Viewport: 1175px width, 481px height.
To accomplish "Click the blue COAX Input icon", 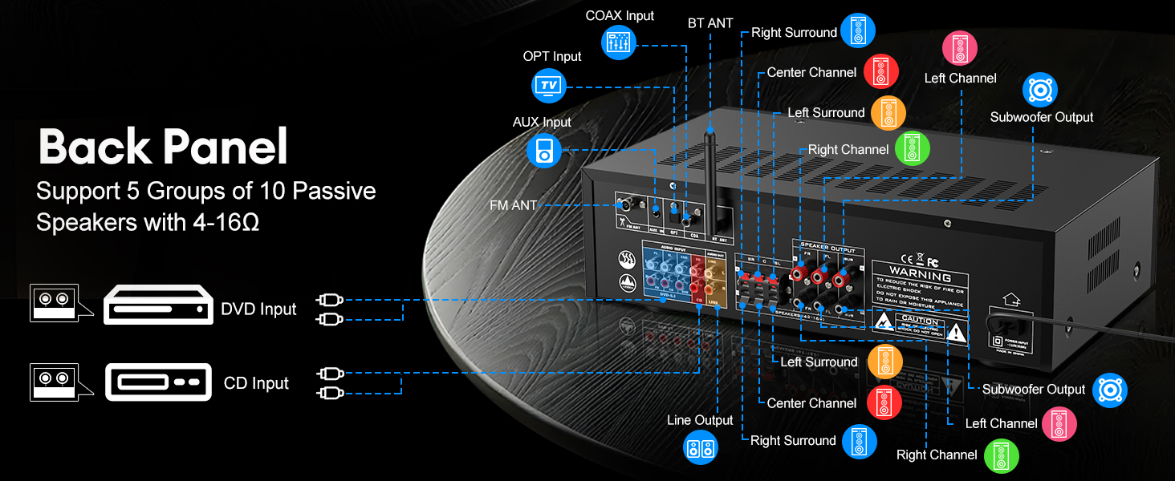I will [x=619, y=42].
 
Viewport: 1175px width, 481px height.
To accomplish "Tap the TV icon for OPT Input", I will [x=549, y=84].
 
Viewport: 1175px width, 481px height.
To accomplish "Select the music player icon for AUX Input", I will [x=544, y=150].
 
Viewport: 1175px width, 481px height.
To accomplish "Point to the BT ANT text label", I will [x=710, y=23].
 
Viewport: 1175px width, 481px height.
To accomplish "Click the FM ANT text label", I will [x=514, y=206].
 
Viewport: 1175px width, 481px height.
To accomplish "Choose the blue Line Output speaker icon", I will [x=701, y=447].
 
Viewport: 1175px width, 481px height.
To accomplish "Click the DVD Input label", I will [x=258, y=309].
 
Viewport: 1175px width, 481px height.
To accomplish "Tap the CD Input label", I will [x=256, y=383].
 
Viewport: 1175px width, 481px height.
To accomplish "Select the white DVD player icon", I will [x=157, y=305].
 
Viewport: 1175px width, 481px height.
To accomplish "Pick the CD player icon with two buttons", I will [x=158, y=382].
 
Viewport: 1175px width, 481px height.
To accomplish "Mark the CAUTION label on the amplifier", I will [x=920, y=321].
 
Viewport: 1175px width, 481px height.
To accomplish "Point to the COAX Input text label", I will [x=620, y=16].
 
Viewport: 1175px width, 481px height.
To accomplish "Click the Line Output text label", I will [x=700, y=420].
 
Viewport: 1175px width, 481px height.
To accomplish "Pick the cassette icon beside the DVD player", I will [x=53, y=303].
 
